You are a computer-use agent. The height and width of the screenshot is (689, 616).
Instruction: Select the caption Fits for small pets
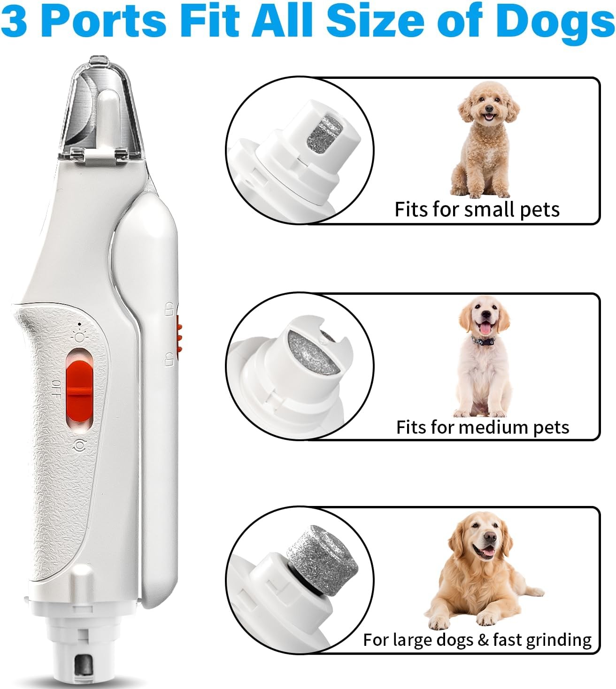click(x=477, y=209)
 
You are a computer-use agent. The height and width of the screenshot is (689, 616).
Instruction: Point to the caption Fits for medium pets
click(x=482, y=427)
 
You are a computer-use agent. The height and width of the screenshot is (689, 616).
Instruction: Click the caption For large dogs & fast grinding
click(x=477, y=640)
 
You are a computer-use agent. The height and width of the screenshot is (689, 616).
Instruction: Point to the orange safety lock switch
click(x=178, y=334)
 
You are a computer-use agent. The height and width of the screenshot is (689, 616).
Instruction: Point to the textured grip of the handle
click(x=45, y=469)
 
